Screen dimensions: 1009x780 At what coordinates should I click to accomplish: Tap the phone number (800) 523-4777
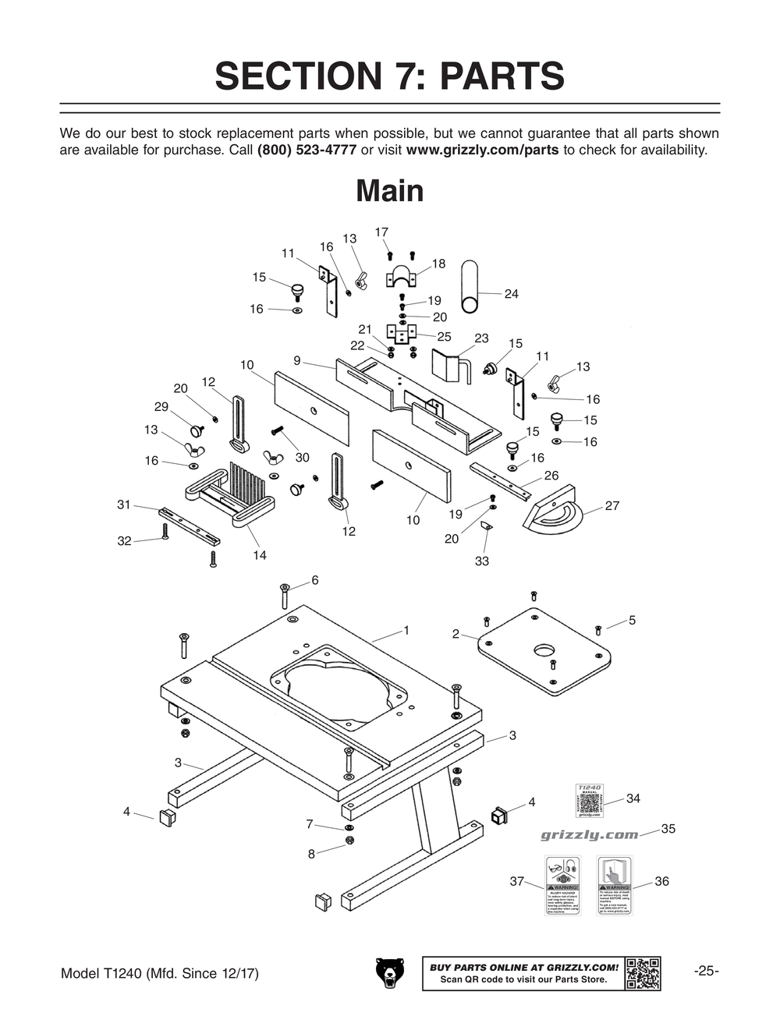[307, 150]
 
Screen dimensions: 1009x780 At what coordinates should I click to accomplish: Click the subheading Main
[389, 191]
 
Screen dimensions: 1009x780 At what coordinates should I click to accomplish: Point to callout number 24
[511, 294]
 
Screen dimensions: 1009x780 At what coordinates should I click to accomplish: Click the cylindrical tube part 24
[470, 286]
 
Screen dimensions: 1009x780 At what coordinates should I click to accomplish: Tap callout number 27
[612, 506]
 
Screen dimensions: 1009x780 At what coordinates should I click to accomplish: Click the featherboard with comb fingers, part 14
[231, 494]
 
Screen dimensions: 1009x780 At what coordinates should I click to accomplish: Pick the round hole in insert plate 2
[544, 650]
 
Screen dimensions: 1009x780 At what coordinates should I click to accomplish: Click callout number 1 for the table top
[406, 630]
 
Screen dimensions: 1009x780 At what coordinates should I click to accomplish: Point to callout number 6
[315, 580]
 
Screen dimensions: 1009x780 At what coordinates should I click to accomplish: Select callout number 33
[482, 561]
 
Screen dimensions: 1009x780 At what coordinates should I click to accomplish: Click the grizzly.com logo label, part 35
[589, 835]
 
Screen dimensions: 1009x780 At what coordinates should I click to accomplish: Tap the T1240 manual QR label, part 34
[589, 801]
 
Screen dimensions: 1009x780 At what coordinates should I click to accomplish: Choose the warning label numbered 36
[614, 886]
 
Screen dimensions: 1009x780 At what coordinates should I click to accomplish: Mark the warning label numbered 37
[562, 886]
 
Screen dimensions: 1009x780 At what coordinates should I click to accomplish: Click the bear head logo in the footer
[390, 973]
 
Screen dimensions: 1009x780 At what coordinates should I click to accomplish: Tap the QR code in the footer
[643, 973]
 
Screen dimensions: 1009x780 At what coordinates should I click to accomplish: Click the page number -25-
[706, 972]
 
